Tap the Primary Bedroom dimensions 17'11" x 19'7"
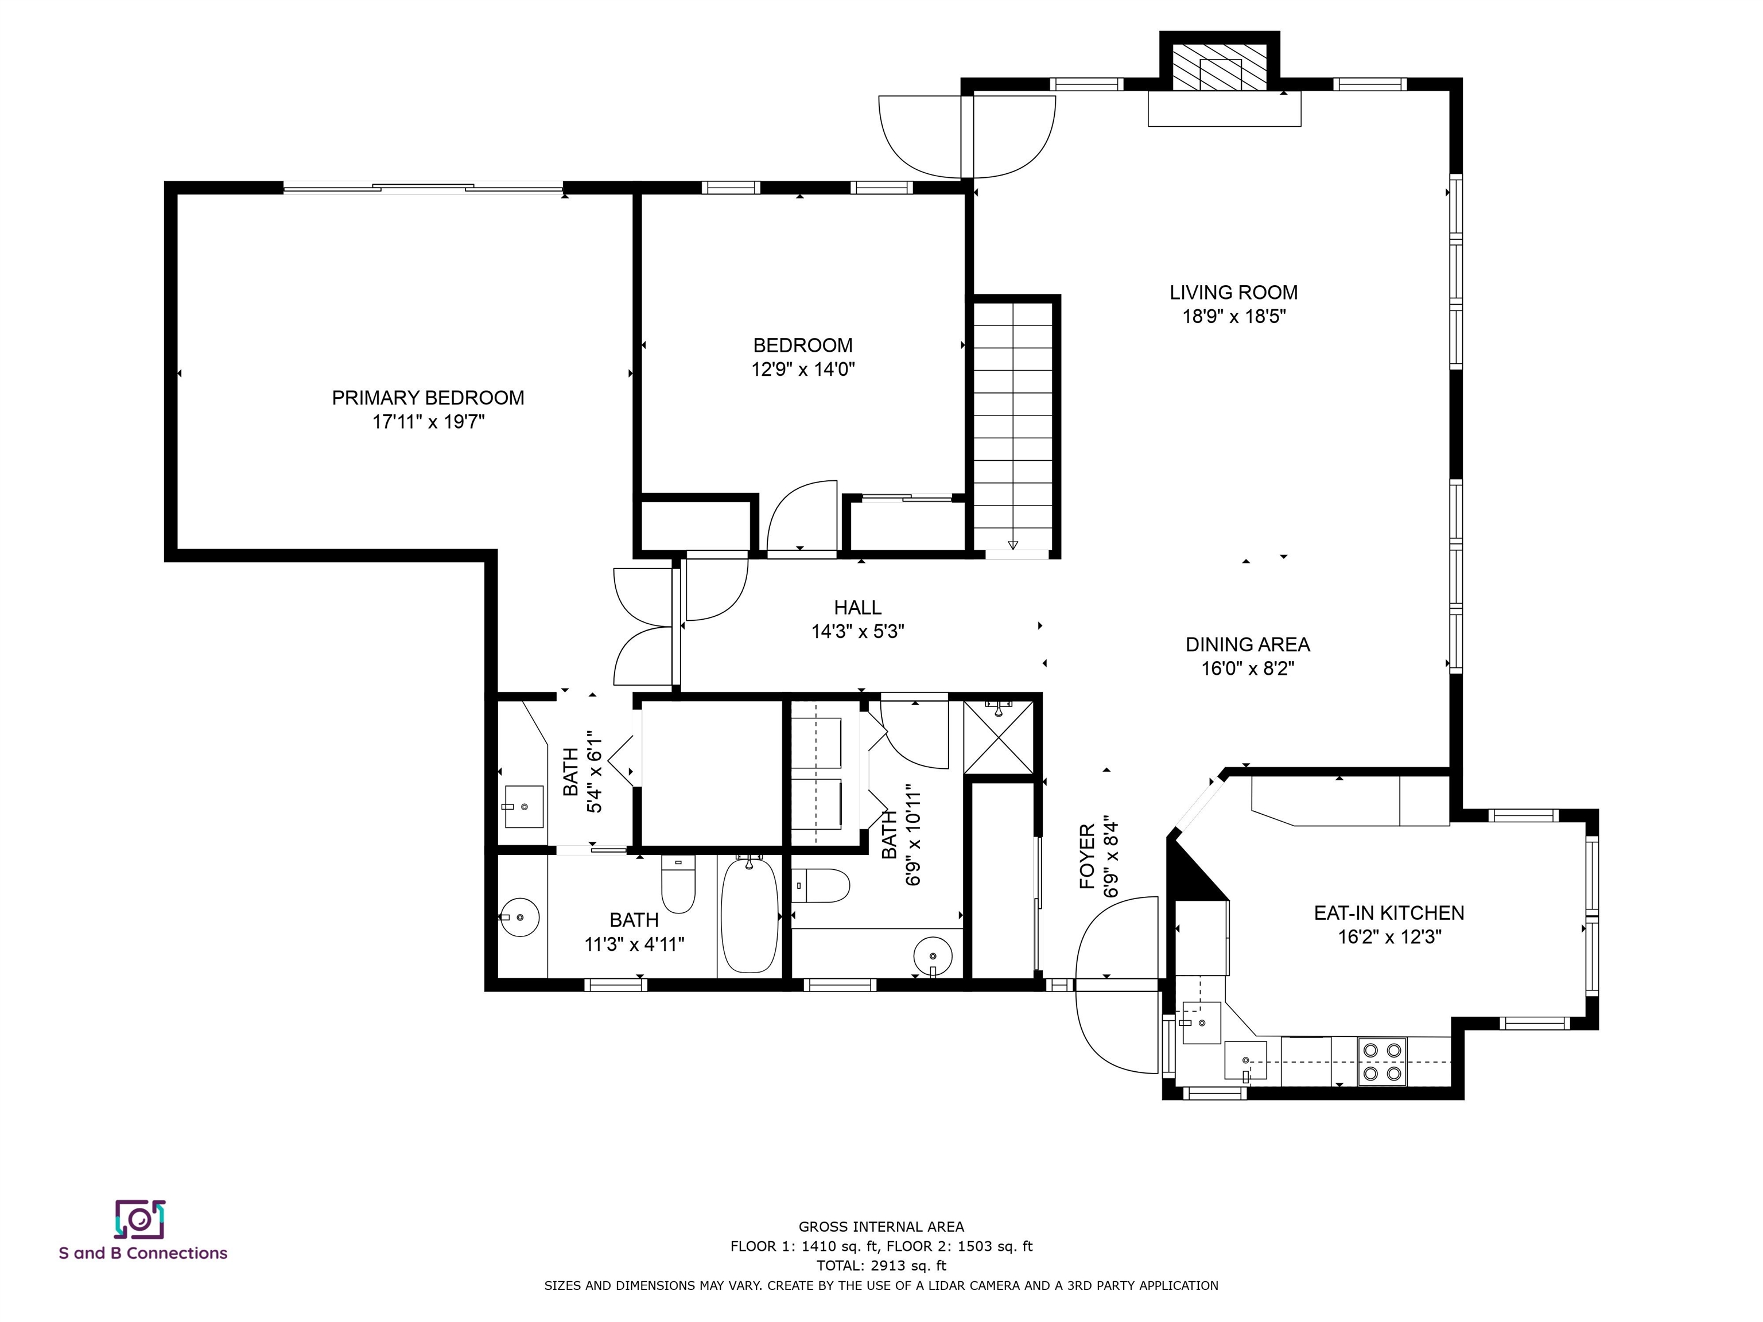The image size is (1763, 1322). [428, 422]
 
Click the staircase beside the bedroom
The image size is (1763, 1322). [1013, 426]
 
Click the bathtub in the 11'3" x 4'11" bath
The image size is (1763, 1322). [749, 913]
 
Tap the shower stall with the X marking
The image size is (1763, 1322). [998, 737]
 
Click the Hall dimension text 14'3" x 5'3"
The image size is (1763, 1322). [857, 632]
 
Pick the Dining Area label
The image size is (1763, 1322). [1247, 645]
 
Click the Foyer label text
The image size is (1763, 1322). [1087, 857]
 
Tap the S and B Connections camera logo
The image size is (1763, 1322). [140, 1219]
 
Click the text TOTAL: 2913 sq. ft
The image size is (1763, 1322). [881, 1265]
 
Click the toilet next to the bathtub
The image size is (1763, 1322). [678, 883]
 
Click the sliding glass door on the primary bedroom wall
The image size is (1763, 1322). [422, 188]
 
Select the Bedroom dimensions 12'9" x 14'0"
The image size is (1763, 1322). [803, 369]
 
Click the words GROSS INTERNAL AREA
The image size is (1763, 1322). [881, 1227]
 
